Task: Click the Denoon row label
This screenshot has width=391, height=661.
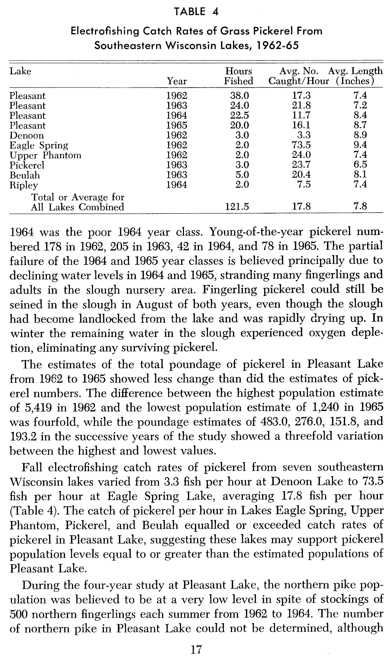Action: (x=27, y=135)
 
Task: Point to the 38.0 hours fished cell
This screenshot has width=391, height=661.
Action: (x=239, y=95)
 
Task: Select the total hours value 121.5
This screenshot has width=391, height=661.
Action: (x=237, y=207)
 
